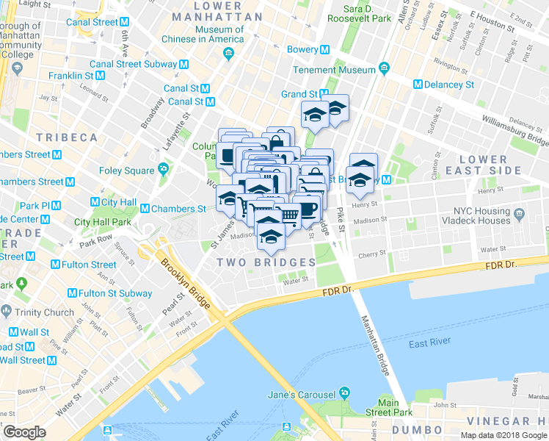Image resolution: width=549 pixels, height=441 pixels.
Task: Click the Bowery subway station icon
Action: [x=324, y=49]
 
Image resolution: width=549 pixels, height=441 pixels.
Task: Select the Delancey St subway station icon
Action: [x=418, y=85]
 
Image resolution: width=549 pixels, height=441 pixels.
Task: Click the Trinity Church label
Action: [x=44, y=312]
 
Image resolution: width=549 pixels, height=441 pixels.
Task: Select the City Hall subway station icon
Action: [x=95, y=202]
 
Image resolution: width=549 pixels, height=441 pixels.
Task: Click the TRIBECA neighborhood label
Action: [x=67, y=138]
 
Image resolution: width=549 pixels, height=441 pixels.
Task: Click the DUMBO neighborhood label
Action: [x=416, y=429]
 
